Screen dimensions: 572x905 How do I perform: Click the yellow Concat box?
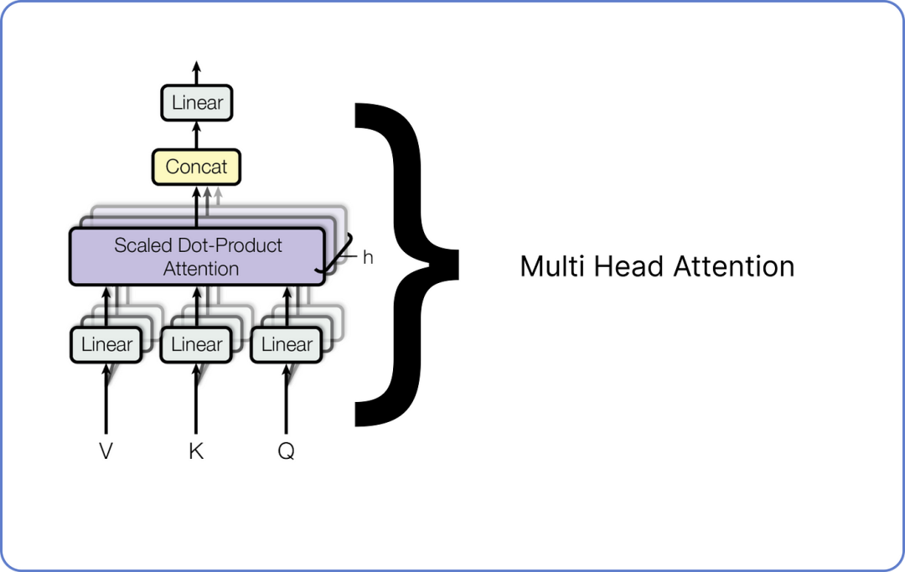click(x=196, y=167)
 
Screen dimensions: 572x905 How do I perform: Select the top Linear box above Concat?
click(x=197, y=104)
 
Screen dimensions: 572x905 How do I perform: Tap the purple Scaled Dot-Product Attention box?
click(x=197, y=256)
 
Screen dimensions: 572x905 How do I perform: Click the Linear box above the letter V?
click(x=106, y=344)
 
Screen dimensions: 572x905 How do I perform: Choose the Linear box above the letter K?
click(x=197, y=344)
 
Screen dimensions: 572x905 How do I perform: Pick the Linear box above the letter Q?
click(x=287, y=344)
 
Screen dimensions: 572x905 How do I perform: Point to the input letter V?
click(x=106, y=451)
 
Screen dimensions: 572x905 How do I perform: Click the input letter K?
click(x=196, y=451)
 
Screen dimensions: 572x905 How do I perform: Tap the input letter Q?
click(x=287, y=451)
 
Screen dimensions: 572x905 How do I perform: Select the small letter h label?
click(x=367, y=257)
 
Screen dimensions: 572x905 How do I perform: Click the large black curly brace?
click(x=402, y=264)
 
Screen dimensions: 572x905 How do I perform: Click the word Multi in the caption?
click(x=547, y=267)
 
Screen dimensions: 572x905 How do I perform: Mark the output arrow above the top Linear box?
click(x=197, y=71)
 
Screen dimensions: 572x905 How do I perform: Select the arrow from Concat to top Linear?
click(x=197, y=135)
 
